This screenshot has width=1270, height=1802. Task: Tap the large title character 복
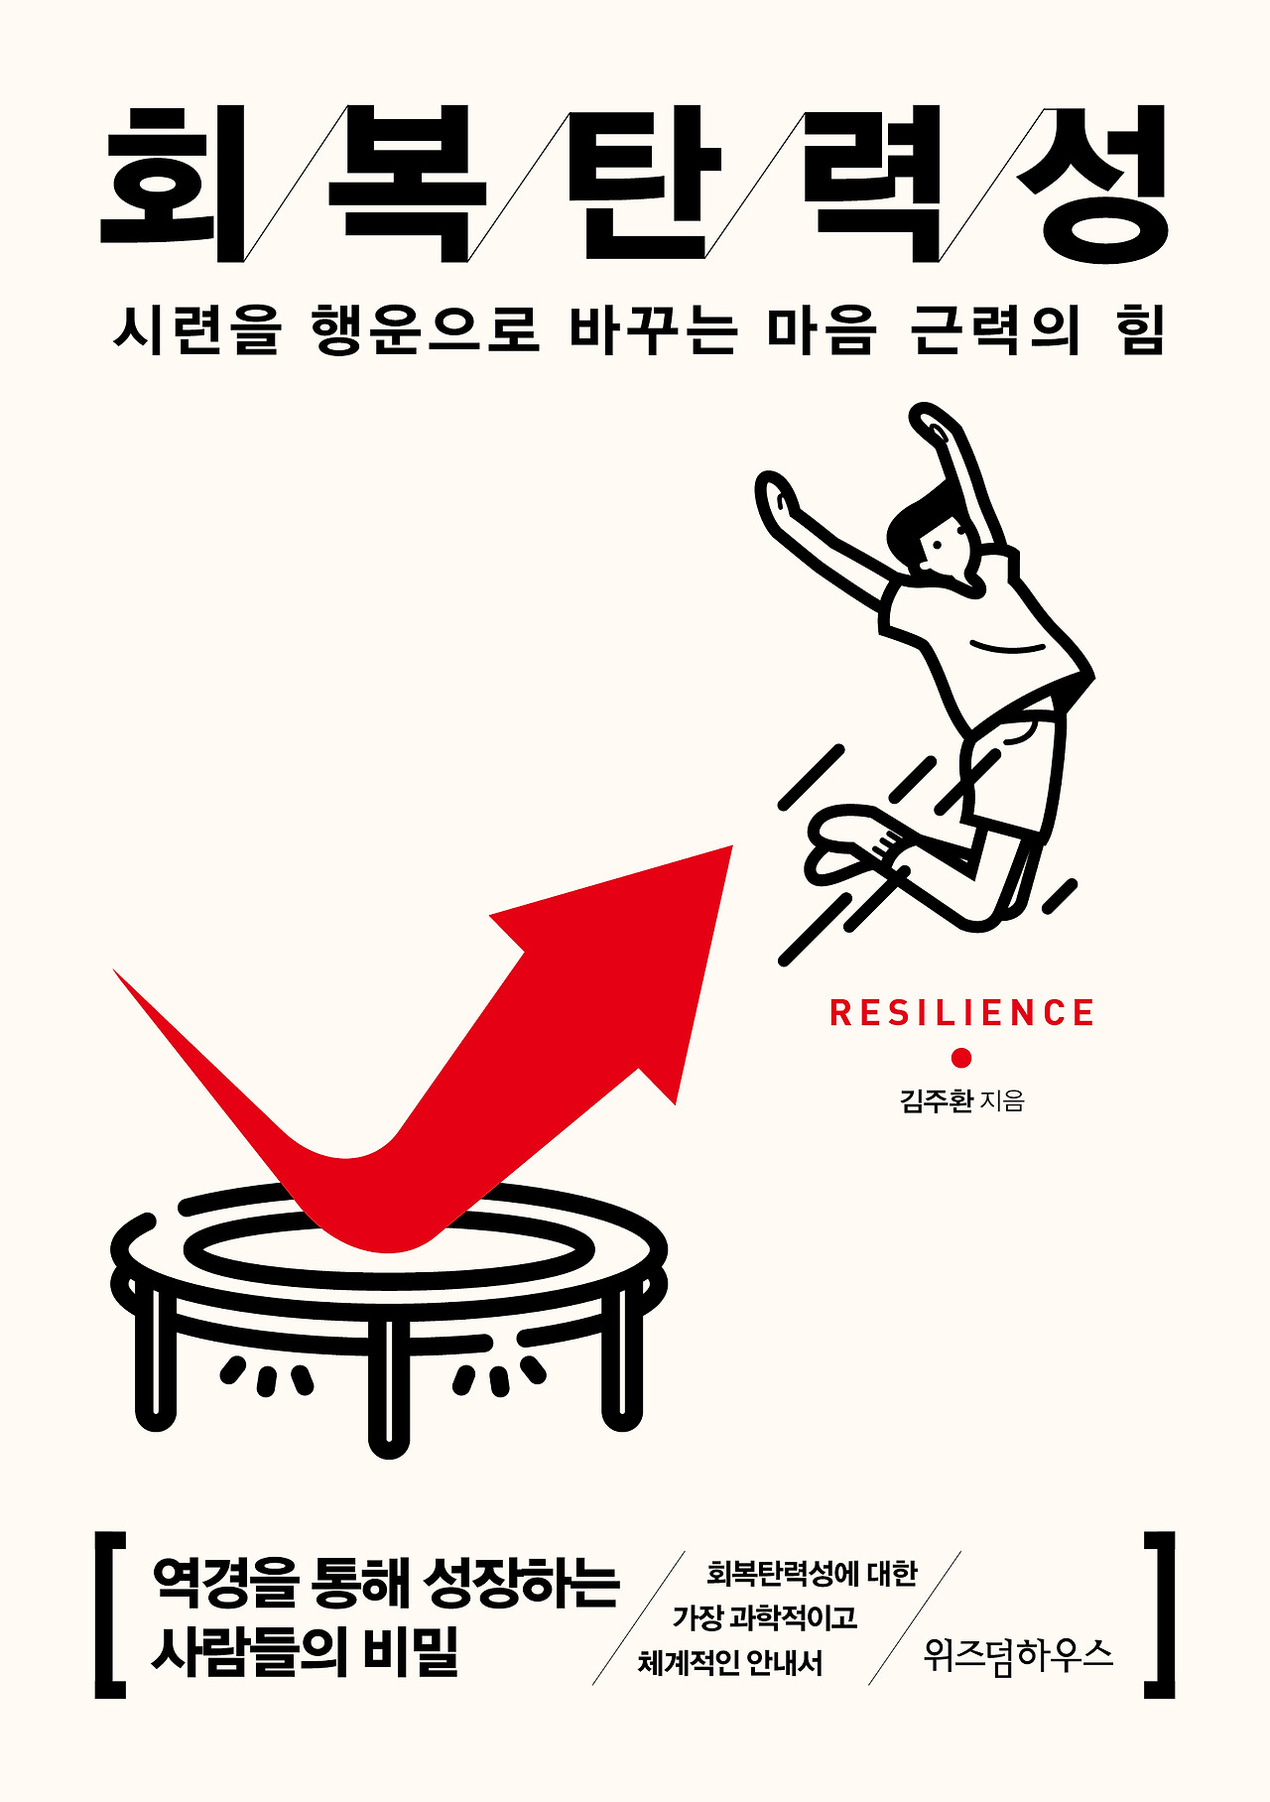tap(407, 185)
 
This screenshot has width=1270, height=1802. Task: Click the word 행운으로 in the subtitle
tap(426, 329)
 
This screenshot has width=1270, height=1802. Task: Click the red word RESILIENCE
tap(961, 1013)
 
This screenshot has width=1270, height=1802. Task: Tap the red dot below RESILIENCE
tap(960, 1058)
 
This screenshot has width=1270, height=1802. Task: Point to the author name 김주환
tap(936, 1100)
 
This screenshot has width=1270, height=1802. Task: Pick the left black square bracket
tap(108, 1614)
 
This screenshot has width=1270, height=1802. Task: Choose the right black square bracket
tap(1161, 1614)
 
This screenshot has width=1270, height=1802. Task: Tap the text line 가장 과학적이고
tap(764, 1617)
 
